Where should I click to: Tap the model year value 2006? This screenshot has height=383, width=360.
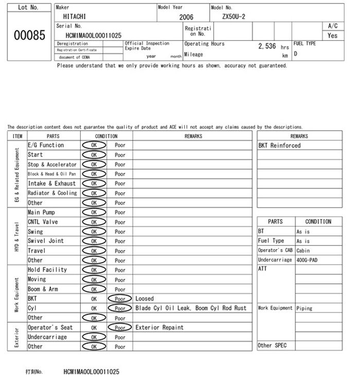[x=186, y=17]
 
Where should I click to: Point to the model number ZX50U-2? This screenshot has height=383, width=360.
[x=233, y=16]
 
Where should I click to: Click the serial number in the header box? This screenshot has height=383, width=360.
[x=94, y=36]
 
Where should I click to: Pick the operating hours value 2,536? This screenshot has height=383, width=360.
[x=267, y=46]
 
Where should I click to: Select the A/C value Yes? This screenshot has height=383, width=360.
[x=332, y=36]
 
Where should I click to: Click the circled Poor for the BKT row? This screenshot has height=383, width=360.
[x=120, y=299]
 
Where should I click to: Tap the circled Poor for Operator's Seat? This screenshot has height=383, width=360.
[x=120, y=327]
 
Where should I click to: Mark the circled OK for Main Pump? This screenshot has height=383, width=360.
[x=94, y=212]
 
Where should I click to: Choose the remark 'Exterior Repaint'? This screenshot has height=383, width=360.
[x=159, y=327]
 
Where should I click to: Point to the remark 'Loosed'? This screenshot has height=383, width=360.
[x=145, y=299]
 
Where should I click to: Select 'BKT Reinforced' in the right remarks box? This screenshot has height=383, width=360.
[x=279, y=146]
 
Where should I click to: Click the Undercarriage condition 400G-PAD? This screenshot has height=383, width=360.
[x=307, y=260]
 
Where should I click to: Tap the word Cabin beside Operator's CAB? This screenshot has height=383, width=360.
[x=303, y=251]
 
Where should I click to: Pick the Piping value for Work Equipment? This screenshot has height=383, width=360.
[x=304, y=308]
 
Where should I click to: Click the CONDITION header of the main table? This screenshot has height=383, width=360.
[x=106, y=136]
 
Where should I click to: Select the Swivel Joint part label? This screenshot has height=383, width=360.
[x=46, y=241]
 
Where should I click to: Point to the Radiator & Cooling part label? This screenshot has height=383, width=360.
[x=52, y=193]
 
